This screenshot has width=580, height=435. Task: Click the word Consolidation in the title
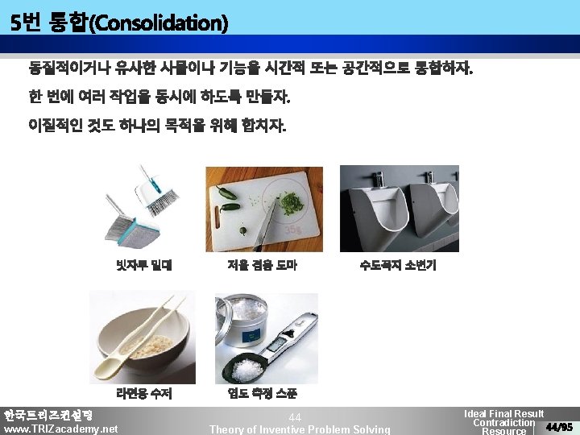159,23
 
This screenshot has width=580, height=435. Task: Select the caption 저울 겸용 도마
262,265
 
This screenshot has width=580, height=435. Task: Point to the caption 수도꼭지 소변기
397,265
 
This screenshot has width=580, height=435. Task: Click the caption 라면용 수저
144,395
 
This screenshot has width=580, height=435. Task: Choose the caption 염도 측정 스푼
262,395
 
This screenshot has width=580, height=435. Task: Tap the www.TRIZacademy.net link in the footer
60,429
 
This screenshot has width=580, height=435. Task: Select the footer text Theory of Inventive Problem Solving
299,429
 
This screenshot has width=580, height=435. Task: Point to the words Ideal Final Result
503,413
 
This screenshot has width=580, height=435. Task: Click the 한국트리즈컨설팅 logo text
48,416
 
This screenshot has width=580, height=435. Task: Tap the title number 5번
26,23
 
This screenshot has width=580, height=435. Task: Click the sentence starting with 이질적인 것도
156,126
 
